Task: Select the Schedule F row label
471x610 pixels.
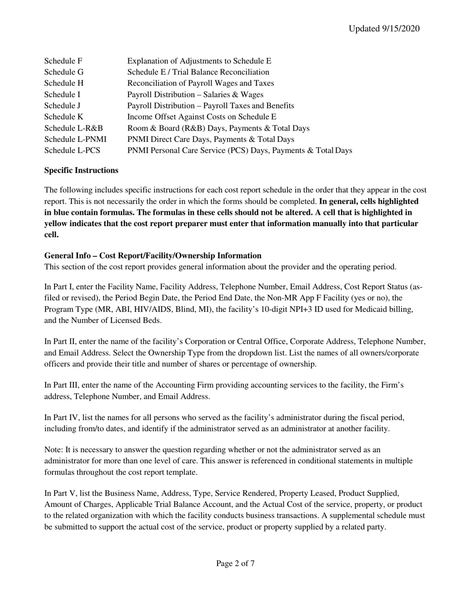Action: [x=63, y=61]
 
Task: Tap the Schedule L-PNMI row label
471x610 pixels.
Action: [x=75, y=139]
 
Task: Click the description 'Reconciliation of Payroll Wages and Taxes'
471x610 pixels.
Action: [x=200, y=83]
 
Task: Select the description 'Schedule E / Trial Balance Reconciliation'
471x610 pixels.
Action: [x=198, y=72]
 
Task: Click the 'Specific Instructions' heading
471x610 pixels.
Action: [x=81, y=171]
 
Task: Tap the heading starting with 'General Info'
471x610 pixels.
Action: [x=153, y=256]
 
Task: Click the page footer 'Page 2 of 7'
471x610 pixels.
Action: [x=235, y=563]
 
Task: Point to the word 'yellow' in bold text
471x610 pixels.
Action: [x=58, y=224]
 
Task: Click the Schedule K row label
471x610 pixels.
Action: [x=63, y=117]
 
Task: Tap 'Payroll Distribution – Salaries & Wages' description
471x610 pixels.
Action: [x=195, y=94]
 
